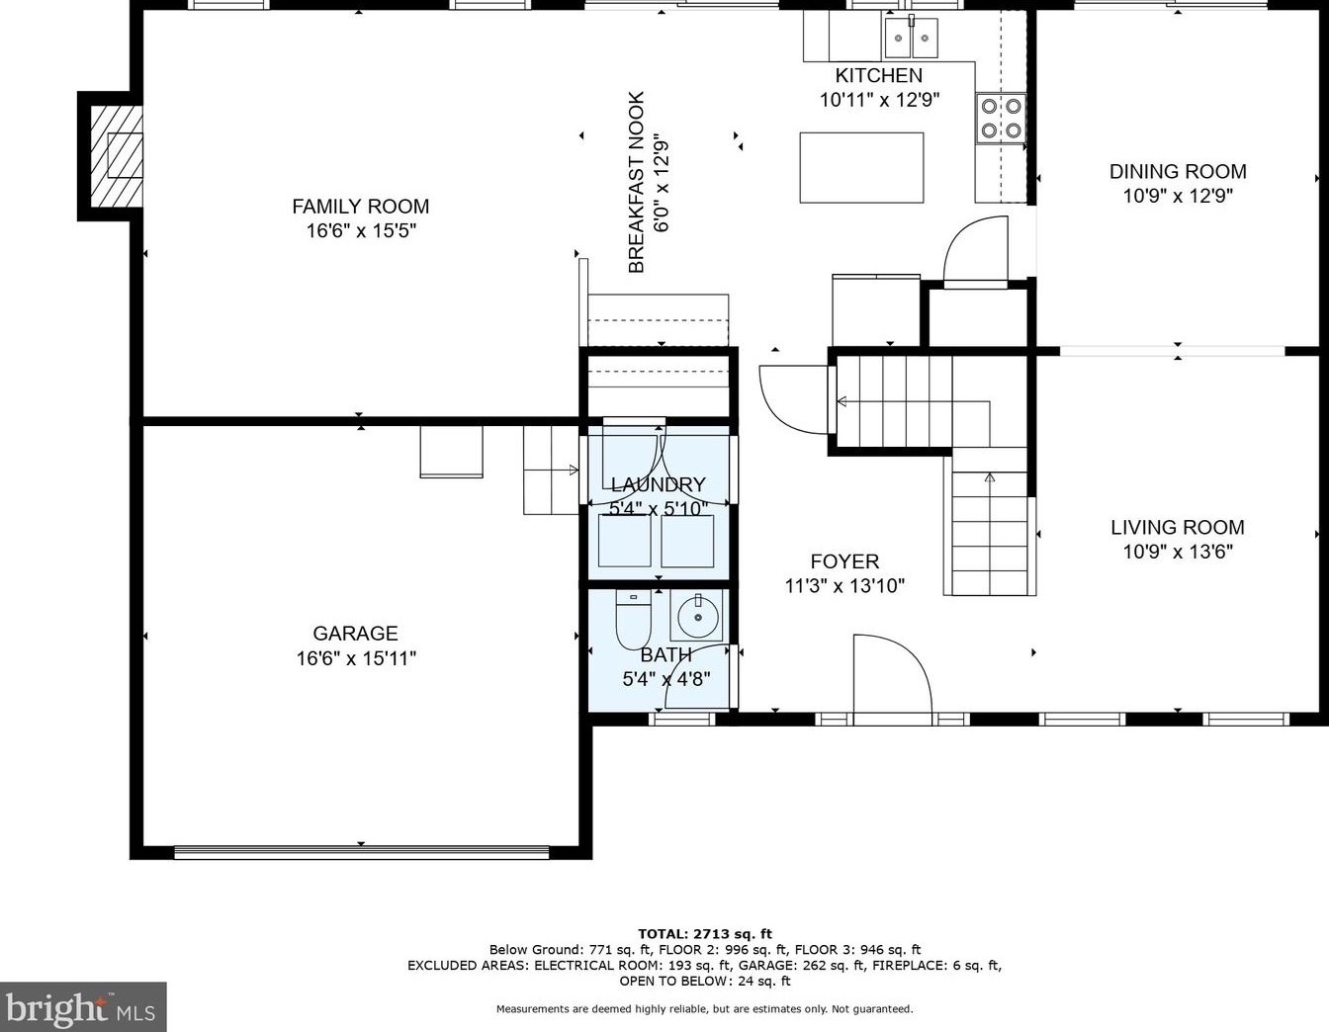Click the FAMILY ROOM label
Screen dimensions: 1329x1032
tap(360, 207)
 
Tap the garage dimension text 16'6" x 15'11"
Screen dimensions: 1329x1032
tap(357, 658)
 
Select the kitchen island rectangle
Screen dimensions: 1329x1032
tap(861, 167)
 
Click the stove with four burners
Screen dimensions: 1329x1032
tap(1001, 119)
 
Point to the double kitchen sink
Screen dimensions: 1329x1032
tap(912, 37)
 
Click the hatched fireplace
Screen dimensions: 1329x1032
tap(117, 156)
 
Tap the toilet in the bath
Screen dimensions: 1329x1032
tap(634, 619)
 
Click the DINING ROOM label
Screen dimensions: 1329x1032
tap(1178, 171)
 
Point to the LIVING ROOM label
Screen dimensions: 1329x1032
tap(1178, 527)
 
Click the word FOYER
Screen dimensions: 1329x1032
tap(844, 561)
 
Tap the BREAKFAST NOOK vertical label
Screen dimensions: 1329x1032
tap(637, 182)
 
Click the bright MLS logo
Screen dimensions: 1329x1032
tap(83, 1007)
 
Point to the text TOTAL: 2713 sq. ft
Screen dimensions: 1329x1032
tap(705, 933)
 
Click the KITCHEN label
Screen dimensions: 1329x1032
tap(879, 75)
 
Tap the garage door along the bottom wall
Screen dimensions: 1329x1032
tap(362, 852)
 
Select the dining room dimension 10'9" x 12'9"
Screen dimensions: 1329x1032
tap(1178, 196)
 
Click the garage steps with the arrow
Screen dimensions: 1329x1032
tap(551, 471)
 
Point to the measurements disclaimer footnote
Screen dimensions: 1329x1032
tap(705, 1008)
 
